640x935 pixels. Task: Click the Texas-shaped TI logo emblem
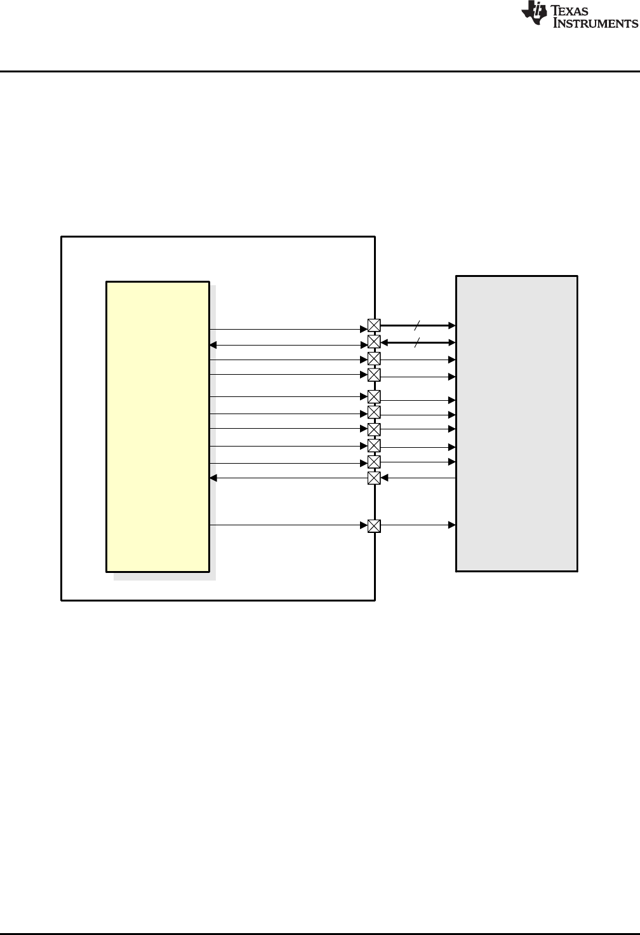click(x=533, y=14)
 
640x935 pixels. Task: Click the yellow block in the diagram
click(x=157, y=426)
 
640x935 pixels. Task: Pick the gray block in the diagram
click(x=517, y=423)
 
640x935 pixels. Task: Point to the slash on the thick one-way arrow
click(x=417, y=325)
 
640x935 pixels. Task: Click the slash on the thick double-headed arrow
click(x=417, y=343)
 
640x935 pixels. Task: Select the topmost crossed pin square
click(x=374, y=326)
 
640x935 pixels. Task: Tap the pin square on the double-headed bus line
click(x=374, y=342)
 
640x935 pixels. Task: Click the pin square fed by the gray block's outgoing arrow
click(x=374, y=478)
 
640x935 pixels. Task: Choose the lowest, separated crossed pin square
click(x=374, y=525)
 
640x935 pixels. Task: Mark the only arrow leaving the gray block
click(x=419, y=478)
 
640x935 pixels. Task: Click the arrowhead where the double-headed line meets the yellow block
click(x=213, y=345)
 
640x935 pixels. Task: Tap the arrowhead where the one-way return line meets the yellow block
click(x=213, y=478)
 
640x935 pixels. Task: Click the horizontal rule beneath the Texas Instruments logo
click(x=320, y=71)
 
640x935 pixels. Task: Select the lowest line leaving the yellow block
click(x=286, y=525)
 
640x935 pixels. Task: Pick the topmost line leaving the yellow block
click(x=286, y=329)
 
